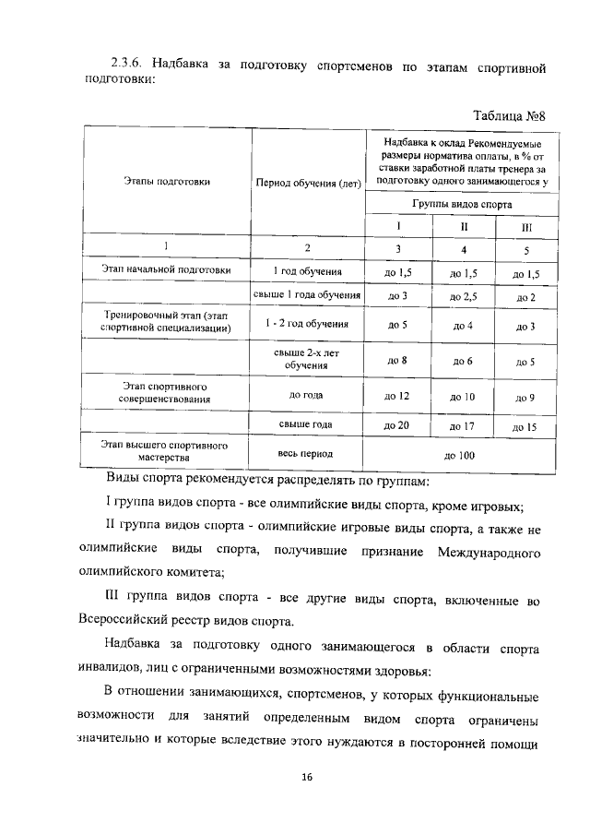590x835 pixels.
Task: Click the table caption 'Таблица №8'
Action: (x=510, y=115)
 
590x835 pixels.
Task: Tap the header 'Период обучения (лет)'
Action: (x=308, y=182)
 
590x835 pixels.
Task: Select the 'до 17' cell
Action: (x=461, y=427)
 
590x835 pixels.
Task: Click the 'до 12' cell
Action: (x=398, y=396)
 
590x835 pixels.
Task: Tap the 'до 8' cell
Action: (x=398, y=361)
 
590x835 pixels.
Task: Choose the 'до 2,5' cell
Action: (x=463, y=296)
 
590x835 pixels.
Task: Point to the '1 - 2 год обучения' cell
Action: (x=307, y=325)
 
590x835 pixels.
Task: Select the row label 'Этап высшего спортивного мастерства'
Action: (x=166, y=451)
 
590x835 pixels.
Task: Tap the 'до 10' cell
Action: (x=461, y=397)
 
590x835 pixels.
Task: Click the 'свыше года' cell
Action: (x=307, y=425)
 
